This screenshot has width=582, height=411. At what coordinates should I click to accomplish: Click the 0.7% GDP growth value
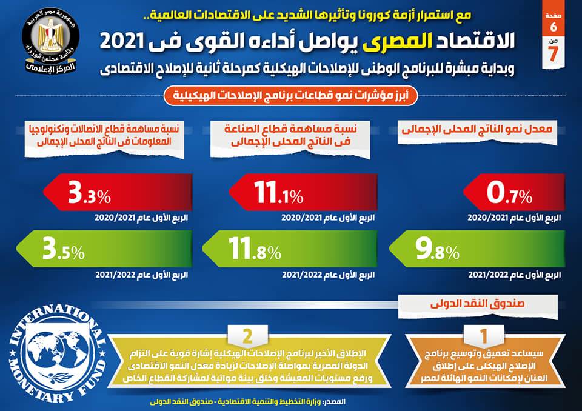(509, 196)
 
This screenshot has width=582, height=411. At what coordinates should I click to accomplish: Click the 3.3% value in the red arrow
(89, 195)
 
